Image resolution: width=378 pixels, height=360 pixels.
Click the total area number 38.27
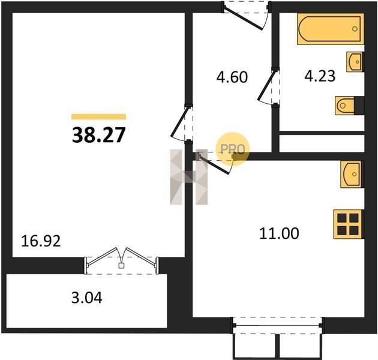pyautogui.click(x=98, y=135)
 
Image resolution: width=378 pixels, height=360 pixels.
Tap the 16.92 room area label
pyautogui.click(x=41, y=241)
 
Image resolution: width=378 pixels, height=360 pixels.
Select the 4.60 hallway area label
pyautogui.click(x=232, y=77)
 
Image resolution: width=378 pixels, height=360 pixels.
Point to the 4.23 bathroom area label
pyautogui.click(x=320, y=76)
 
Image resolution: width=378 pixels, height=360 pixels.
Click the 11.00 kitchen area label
pyautogui.click(x=279, y=233)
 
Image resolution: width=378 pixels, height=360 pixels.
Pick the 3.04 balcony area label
pyautogui.click(x=87, y=298)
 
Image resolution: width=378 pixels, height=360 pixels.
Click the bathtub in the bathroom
pyautogui.click(x=331, y=29)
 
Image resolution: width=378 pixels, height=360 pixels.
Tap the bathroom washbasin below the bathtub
pyautogui.click(x=355, y=62)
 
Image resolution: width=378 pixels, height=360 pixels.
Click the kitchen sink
pyautogui.click(x=352, y=174)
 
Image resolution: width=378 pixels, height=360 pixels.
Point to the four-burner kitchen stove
pyautogui.click(x=348, y=224)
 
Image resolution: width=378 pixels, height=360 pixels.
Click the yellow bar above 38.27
pyautogui.click(x=98, y=117)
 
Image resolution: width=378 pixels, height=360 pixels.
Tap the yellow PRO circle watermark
pyautogui.click(x=232, y=149)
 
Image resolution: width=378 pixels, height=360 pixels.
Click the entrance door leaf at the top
pyautogui.click(x=243, y=19)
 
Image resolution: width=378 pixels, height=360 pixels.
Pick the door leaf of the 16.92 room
pyautogui.click(x=179, y=122)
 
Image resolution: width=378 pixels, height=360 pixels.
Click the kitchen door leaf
pyautogui.click(x=214, y=164)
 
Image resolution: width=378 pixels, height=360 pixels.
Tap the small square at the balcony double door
pyautogui.click(x=121, y=265)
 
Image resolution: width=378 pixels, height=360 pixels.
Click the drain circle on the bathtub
pyautogui.click(x=355, y=29)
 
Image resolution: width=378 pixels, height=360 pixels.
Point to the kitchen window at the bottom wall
pyautogui.click(x=277, y=326)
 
